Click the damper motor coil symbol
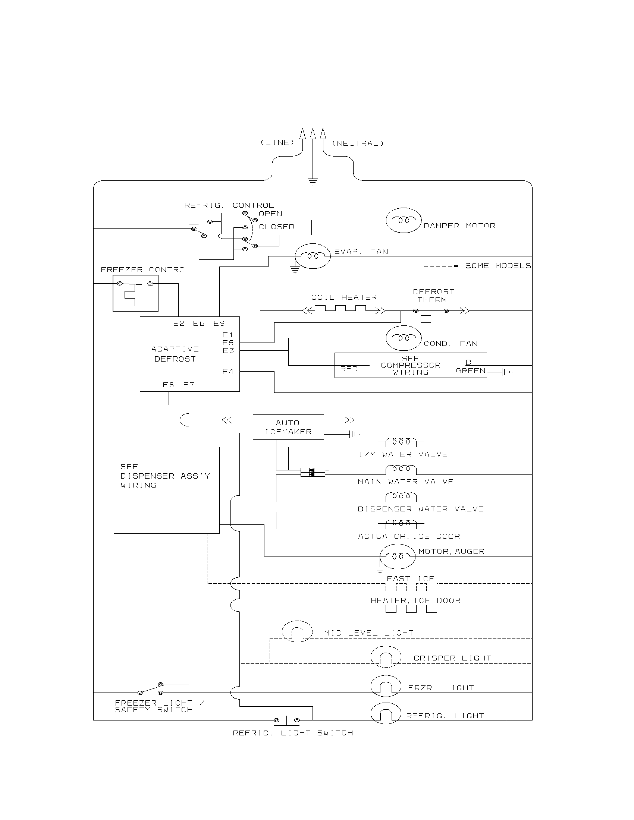404,220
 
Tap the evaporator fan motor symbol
313,256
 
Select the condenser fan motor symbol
404,338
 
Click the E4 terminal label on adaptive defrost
227,372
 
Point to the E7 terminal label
189,385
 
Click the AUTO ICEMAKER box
288,427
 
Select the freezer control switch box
135,293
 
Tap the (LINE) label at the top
277,143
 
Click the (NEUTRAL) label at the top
358,143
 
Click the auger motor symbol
398,556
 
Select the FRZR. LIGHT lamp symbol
386,686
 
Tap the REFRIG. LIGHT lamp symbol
386,713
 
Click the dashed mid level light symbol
297,631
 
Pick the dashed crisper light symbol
386,657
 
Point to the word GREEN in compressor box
470,371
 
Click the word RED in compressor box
349,369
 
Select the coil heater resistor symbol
344,310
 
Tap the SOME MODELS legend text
498,266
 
